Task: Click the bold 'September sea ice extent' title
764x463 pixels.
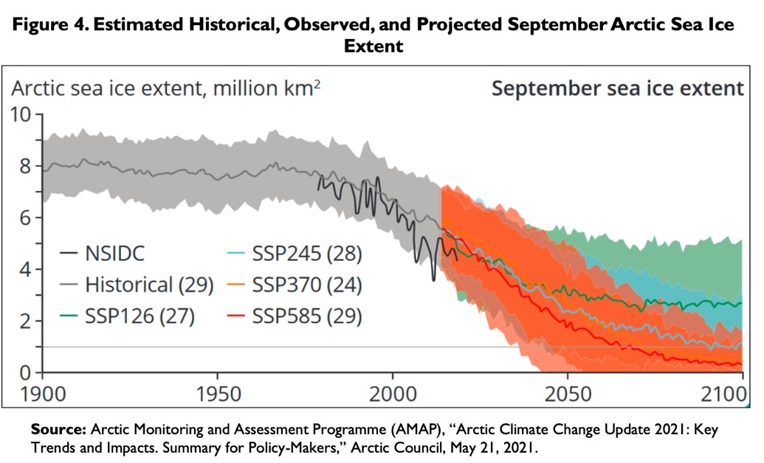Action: pos(617,89)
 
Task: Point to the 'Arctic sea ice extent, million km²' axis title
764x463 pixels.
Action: pos(165,90)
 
